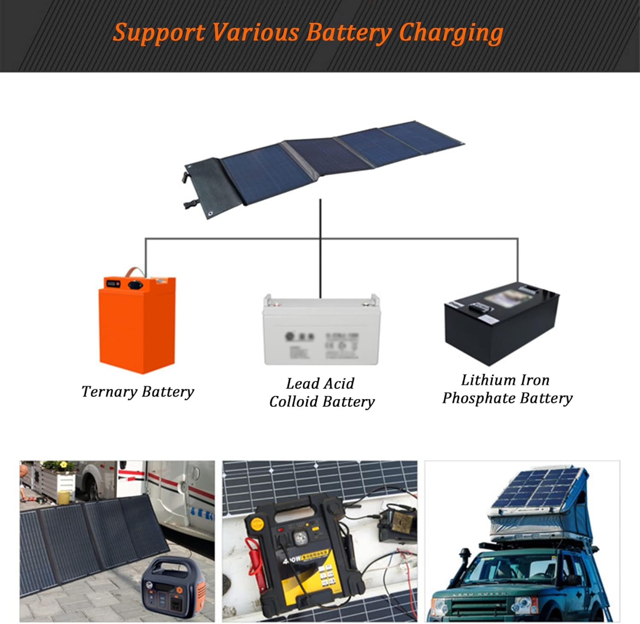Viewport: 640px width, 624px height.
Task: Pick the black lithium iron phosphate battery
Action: coord(501,324)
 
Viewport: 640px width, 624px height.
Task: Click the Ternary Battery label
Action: coord(137,392)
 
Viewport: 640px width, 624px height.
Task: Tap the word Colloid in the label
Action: coord(294,402)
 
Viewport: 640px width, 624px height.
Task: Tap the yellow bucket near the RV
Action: coord(64,497)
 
